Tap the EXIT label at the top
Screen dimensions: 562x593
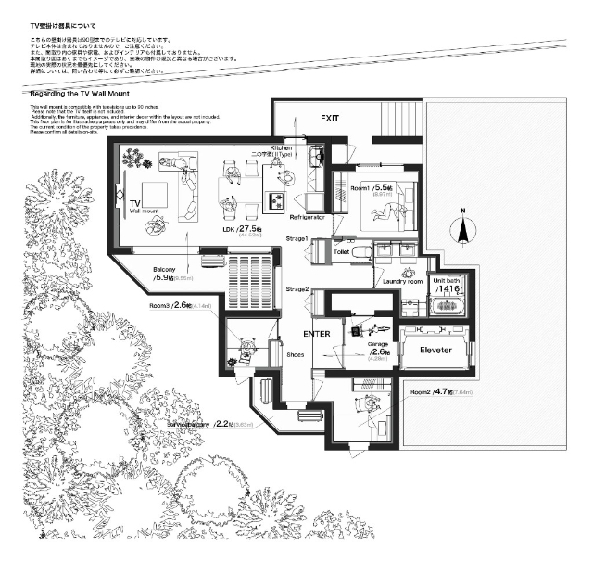coord(331,119)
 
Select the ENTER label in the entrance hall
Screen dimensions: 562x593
coord(318,333)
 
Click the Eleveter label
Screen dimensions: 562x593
coord(435,351)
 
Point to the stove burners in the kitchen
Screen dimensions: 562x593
coord(277,199)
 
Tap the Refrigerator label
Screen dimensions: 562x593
coord(305,216)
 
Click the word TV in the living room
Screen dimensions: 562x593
coord(134,202)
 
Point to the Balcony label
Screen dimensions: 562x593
coord(165,269)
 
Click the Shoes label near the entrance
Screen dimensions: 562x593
coord(296,353)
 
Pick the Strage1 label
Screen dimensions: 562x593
coord(296,239)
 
